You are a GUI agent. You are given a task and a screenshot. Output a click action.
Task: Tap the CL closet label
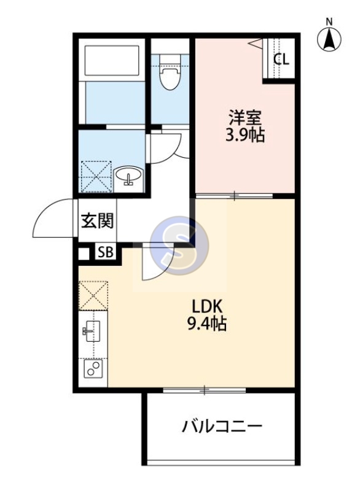281,60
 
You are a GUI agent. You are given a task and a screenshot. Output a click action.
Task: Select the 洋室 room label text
243,117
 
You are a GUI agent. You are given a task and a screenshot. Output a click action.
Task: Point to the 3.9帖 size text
244,134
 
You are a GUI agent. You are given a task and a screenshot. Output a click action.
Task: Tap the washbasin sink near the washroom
130,176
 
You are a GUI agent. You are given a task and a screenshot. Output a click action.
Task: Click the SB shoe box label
104,252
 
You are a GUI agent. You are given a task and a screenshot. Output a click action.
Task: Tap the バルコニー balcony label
222,426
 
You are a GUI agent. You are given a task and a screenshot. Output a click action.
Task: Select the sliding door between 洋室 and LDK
234,196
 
